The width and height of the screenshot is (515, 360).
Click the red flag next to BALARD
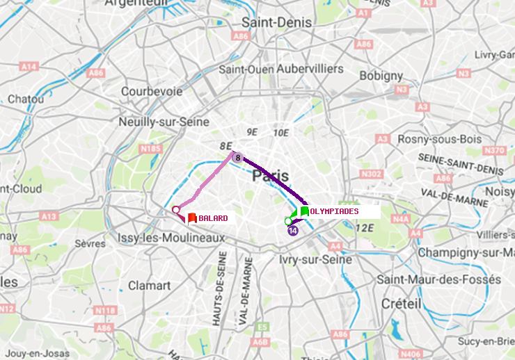pos(192,218)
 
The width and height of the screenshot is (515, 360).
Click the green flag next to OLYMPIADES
pos(305,211)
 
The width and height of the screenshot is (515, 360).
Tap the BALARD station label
pos(213,218)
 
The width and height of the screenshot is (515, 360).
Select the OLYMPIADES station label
pos(334,211)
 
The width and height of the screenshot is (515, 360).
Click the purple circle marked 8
pos(237,158)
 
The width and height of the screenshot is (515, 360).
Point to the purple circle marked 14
pos(293,231)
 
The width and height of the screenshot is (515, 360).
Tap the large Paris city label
pos(271,176)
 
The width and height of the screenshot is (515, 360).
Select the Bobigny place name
pos(380,75)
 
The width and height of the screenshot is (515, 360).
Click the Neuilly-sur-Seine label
pos(165,122)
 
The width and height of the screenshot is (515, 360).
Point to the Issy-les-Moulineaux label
pos(171,238)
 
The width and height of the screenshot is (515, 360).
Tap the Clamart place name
pos(149,286)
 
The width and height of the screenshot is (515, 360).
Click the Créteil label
pos(401,304)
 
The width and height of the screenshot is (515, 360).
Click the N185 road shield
pos(150,148)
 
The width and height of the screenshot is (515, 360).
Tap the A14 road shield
pos(29,67)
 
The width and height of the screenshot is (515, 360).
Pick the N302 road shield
pos(372,174)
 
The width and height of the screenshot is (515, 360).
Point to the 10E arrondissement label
pos(280,132)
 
